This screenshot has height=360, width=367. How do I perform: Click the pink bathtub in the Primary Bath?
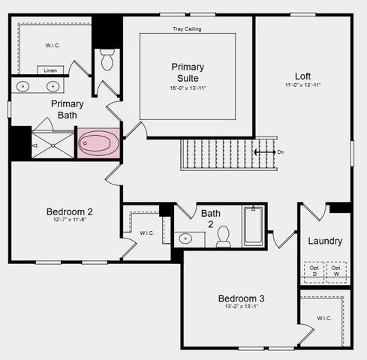tap(99, 142)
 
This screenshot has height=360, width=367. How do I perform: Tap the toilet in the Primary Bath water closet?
tap(107, 60)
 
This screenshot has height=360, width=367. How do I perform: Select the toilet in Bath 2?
tap(223, 238)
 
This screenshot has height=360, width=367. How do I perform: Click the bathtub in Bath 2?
tap(253, 226)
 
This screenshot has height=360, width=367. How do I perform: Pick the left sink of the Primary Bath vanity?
tap(23, 85)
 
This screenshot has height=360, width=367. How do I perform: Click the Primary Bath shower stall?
tap(53, 144)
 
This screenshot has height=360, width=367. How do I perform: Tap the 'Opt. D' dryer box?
tap(314, 271)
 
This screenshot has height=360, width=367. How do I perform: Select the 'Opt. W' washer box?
tap(336, 271)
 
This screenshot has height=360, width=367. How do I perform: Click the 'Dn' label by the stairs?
tap(281, 152)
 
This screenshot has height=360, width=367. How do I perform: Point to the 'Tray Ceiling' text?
tap(187, 29)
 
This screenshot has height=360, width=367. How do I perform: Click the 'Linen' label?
tap(50, 70)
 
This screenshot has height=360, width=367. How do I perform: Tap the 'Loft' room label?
tap(302, 76)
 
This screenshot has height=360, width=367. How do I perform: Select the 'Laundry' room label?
tap(325, 241)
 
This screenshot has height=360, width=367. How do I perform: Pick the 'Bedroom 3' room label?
tap(240, 298)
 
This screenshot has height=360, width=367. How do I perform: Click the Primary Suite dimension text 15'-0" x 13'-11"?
tap(187, 88)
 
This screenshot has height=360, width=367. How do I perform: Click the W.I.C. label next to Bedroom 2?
tap(147, 232)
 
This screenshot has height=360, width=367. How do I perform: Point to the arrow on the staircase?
tap(263, 152)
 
